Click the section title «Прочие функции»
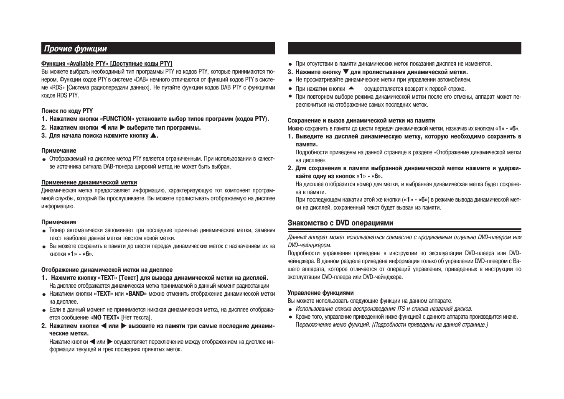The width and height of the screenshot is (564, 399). click(x=76, y=49)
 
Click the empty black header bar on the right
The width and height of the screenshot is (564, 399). click(x=404, y=48)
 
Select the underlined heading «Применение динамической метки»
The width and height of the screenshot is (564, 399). click(x=89, y=182)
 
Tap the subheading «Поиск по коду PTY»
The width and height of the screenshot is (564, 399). click(x=67, y=111)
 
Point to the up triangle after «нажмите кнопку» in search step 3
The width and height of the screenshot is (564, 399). click(x=153, y=135)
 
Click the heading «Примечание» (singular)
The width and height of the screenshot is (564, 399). click(x=58, y=151)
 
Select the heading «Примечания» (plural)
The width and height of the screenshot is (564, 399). click(x=58, y=222)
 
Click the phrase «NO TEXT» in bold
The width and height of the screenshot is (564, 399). click(x=104, y=317)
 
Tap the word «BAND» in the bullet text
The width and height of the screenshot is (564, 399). click(x=136, y=294)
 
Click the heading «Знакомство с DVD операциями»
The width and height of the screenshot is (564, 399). click(x=340, y=223)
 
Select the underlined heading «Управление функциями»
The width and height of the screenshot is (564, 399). click(x=320, y=293)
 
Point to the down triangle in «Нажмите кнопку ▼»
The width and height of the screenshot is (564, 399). click(x=346, y=72)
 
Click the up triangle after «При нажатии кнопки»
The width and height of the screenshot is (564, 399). click(x=351, y=88)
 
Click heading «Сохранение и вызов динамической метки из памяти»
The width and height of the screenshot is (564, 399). click(x=361, y=120)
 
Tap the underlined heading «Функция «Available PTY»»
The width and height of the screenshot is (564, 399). click(x=107, y=64)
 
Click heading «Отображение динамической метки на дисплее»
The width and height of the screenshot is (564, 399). click(x=107, y=270)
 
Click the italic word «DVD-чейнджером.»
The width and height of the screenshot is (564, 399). click(x=309, y=245)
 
